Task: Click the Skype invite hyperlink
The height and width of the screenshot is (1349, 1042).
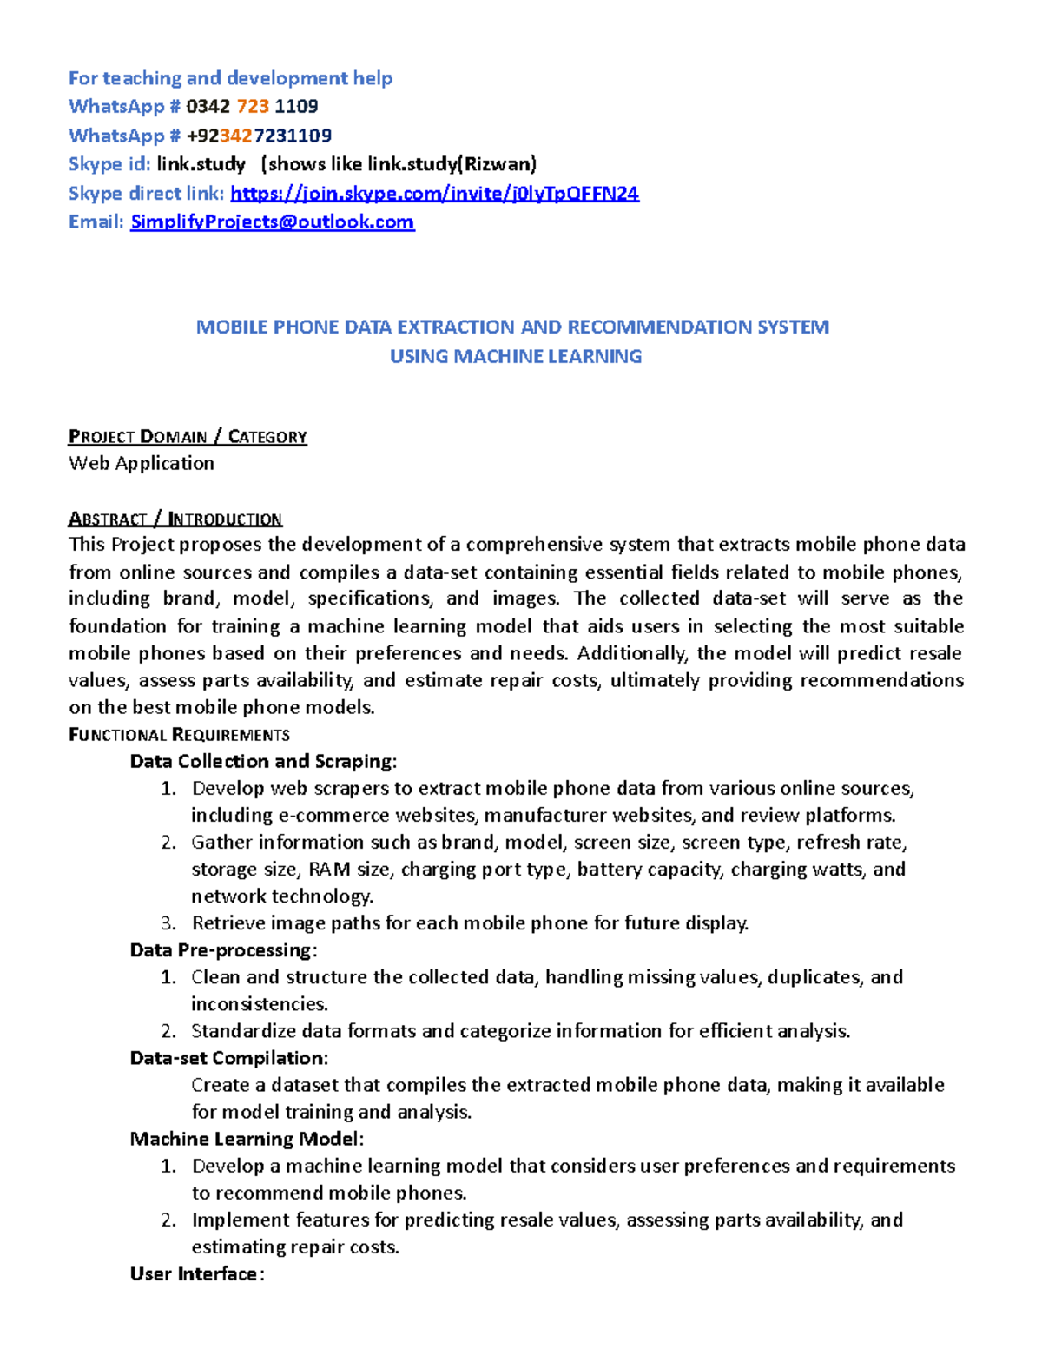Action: click(x=434, y=193)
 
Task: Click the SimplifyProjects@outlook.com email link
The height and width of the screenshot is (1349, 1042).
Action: click(x=272, y=222)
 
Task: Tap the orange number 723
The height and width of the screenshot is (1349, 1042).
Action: click(x=253, y=106)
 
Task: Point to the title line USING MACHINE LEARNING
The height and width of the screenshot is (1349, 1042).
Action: click(x=516, y=356)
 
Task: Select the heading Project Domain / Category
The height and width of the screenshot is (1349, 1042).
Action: click(x=188, y=436)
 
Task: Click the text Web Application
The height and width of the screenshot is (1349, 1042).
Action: click(x=142, y=463)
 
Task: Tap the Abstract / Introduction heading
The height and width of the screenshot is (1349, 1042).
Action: click(x=175, y=519)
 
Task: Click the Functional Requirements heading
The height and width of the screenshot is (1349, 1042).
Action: click(x=179, y=735)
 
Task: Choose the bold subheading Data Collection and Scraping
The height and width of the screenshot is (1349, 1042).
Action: click(x=262, y=761)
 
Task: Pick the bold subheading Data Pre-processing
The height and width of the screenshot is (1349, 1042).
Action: click(x=222, y=949)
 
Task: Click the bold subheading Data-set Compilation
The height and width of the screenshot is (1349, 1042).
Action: click(x=228, y=1058)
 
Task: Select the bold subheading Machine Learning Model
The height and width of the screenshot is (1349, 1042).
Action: click(x=246, y=1139)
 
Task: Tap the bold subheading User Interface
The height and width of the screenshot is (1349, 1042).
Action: click(x=195, y=1273)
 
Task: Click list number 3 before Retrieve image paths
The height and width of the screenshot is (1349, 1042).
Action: click(x=168, y=922)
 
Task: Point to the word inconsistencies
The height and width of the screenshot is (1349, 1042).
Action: click(x=259, y=1003)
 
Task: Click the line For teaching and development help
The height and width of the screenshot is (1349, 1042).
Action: click(x=230, y=78)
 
